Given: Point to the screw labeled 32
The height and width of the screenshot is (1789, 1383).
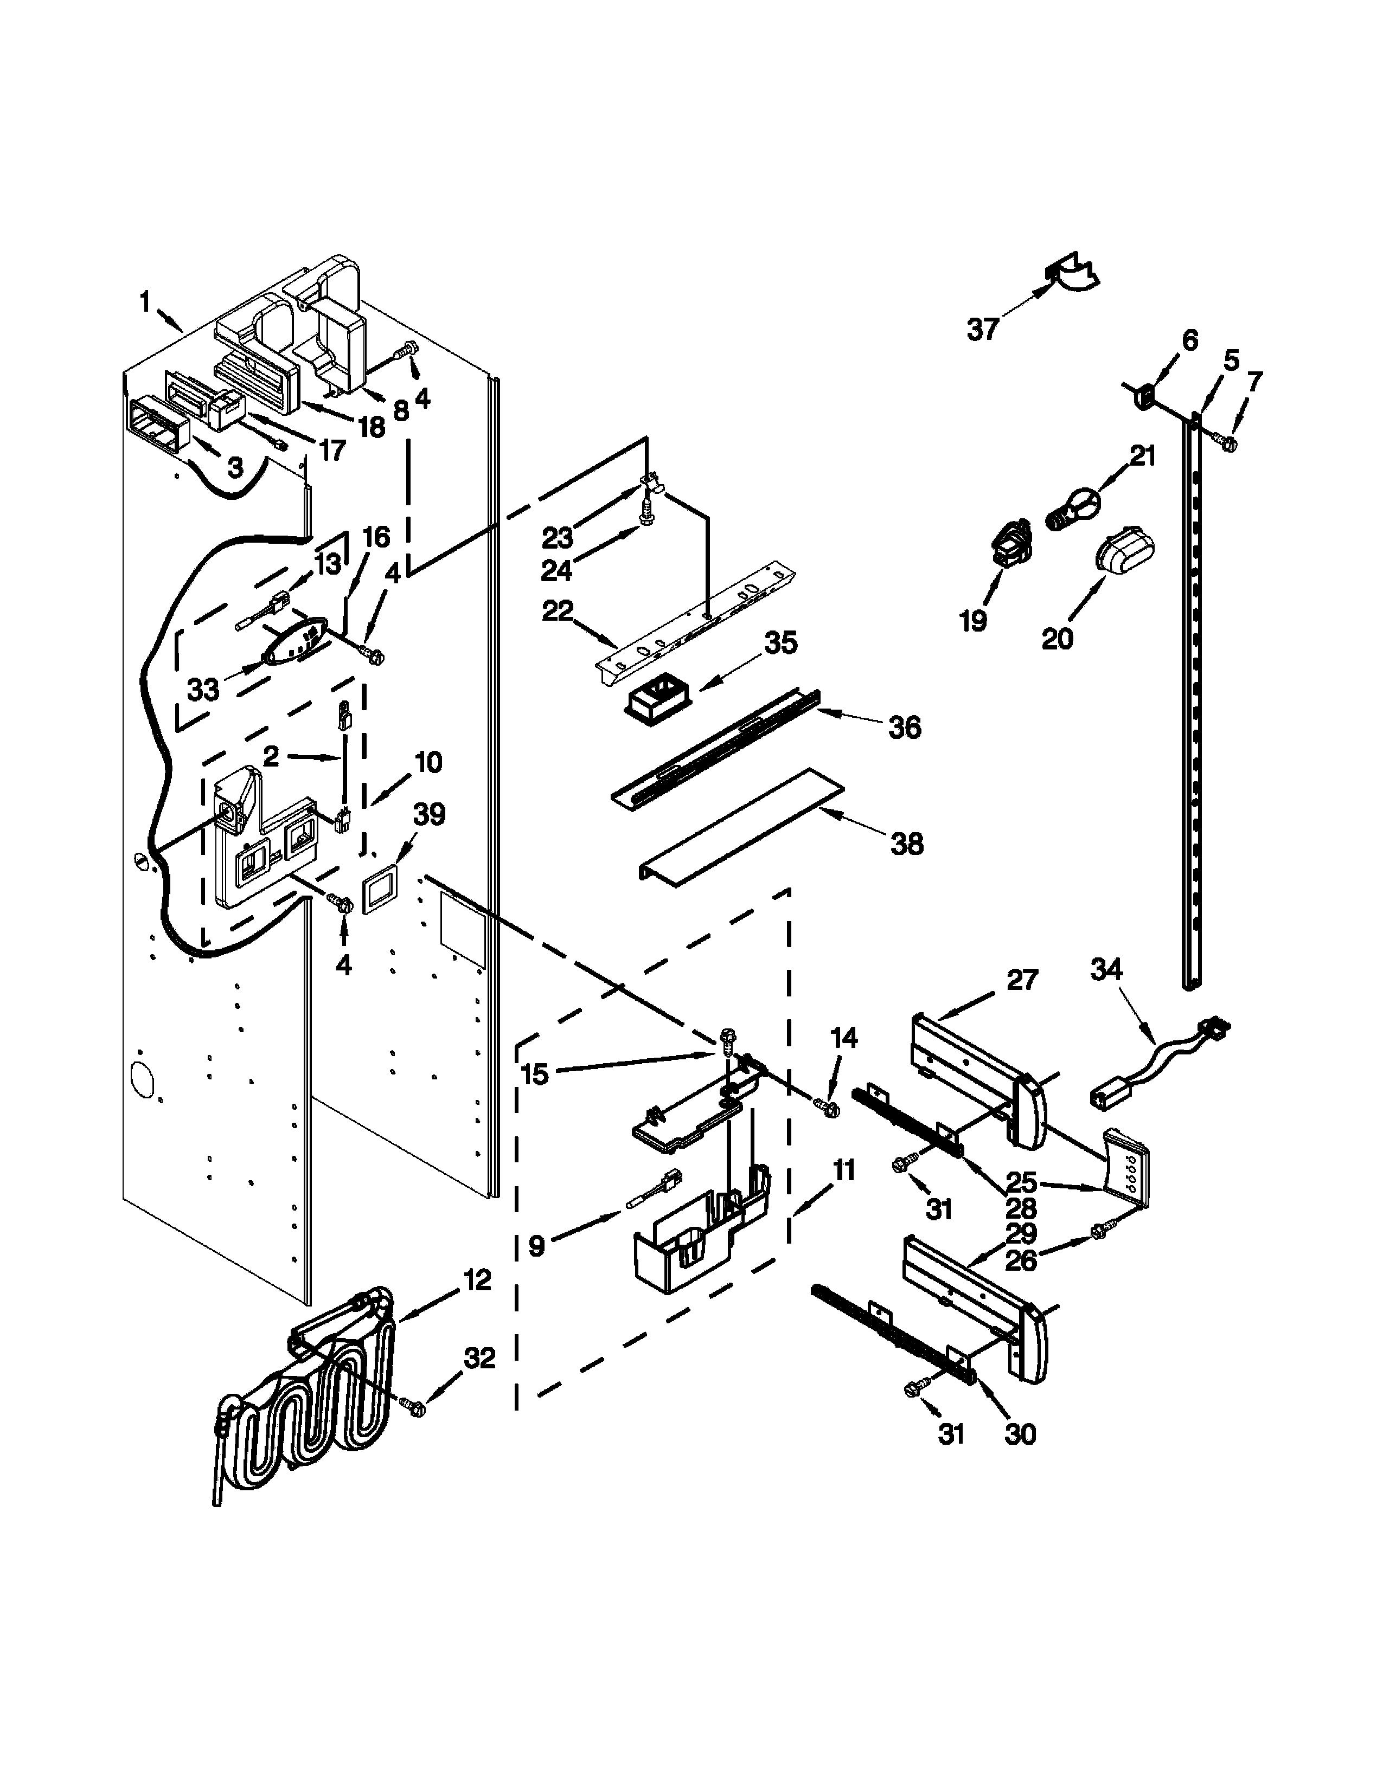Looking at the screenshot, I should click(x=415, y=1407).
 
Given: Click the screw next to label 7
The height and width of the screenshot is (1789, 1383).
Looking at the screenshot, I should click(x=1228, y=443).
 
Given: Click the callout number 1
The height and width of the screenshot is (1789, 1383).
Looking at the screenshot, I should click(x=145, y=303).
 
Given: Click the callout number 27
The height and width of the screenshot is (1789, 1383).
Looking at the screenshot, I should click(x=1022, y=979).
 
